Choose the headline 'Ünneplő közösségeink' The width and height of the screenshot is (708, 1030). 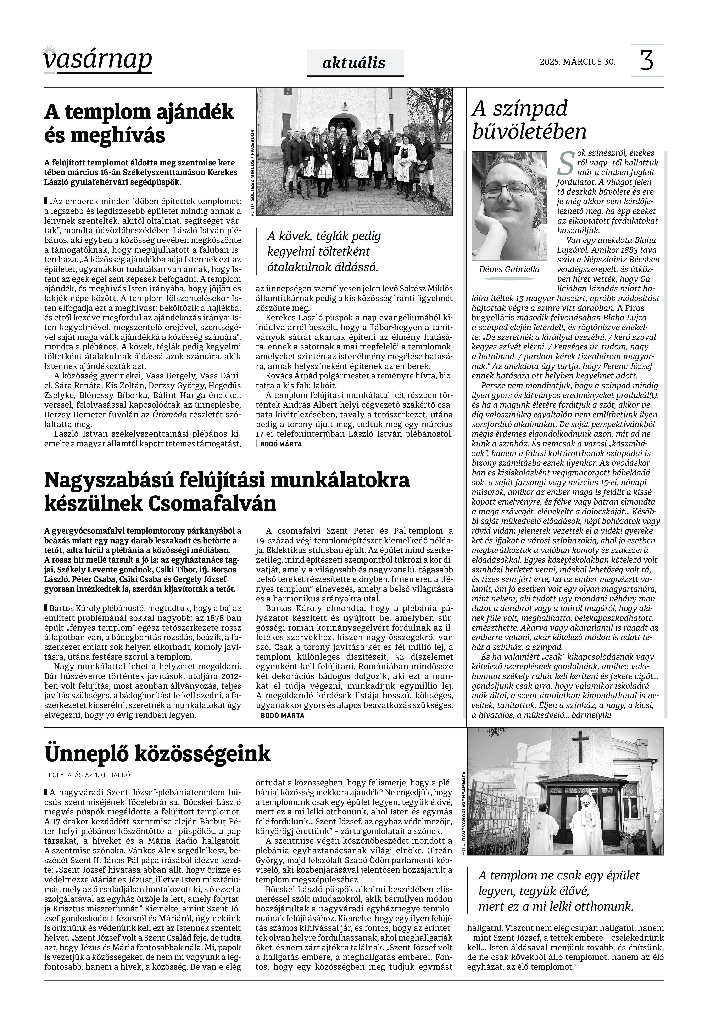coord(157,753)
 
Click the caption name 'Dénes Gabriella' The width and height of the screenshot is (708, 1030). coord(509,269)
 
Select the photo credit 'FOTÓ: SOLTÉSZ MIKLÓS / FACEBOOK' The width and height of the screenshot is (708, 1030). coord(252,173)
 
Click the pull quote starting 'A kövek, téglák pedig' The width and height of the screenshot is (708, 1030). coord(324,251)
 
